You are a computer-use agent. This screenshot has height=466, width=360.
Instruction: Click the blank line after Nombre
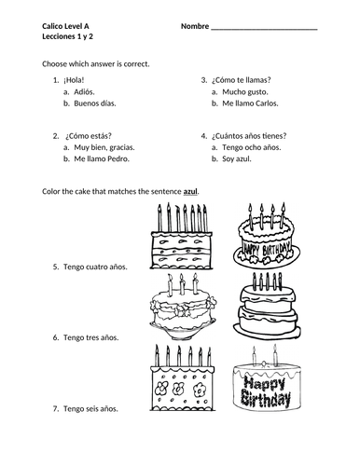click(264, 29)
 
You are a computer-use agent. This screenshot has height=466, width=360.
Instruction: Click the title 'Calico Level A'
click(65, 26)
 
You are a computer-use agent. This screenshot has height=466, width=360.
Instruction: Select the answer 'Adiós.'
click(84, 92)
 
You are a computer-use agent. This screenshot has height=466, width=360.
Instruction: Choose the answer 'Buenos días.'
click(95, 103)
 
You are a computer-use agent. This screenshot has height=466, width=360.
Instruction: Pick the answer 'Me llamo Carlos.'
click(250, 103)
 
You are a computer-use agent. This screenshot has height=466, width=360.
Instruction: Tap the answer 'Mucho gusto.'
click(245, 92)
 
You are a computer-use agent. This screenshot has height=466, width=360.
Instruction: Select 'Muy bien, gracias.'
click(104, 147)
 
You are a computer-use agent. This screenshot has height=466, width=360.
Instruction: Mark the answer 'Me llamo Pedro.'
click(102, 158)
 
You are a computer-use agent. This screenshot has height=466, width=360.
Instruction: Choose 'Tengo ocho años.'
click(252, 147)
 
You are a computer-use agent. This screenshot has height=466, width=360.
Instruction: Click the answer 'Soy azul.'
click(237, 158)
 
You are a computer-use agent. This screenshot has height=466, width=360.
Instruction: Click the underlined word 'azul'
click(190, 192)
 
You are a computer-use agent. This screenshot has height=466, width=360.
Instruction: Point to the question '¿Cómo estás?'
click(89, 136)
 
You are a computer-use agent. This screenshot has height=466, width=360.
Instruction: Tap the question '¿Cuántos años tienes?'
click(249, 136)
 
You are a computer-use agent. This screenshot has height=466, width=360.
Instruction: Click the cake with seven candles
click(182, 236)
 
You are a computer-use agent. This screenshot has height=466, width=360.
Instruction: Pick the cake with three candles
click(183, 307)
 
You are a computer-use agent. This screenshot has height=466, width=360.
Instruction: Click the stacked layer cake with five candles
click(267, 306)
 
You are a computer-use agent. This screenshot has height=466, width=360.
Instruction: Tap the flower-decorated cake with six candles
click(183, 377)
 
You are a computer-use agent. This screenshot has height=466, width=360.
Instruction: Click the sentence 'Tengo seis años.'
click(90, 408)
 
